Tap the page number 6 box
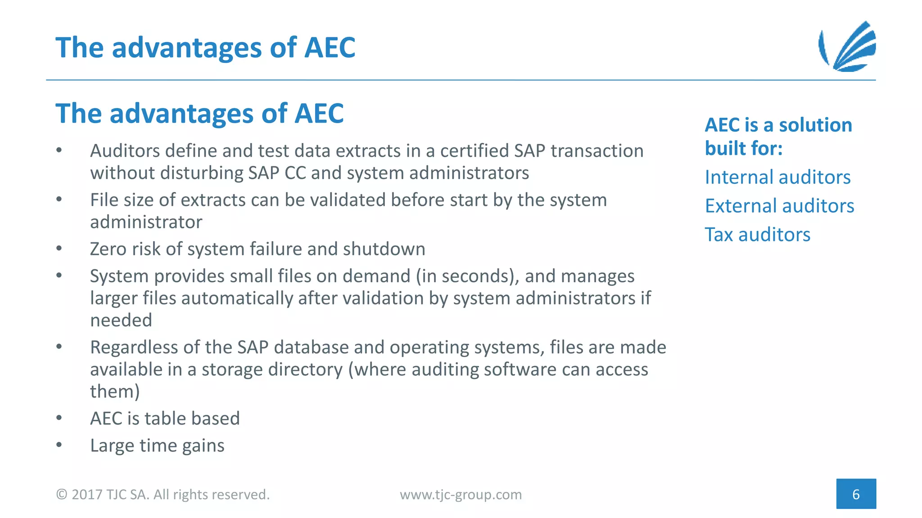click(x=856, y=494)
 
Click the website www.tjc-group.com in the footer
click(x=461, y=495)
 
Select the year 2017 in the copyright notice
click(x=87, y=495)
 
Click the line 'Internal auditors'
click(x=777, y=177)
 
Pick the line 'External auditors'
click(x=779, y=206)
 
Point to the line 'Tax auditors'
click(x=757, y=235)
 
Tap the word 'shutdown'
click(x=384, y=249)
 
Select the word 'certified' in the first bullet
click(x=475, y=151)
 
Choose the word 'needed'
click(x=121, y=321)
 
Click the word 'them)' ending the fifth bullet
click(x=115, y=392)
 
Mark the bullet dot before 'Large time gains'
click(x=59, y=445)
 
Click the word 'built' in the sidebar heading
click(x=724, y=148)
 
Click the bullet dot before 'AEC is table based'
click(x=59, y=418)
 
